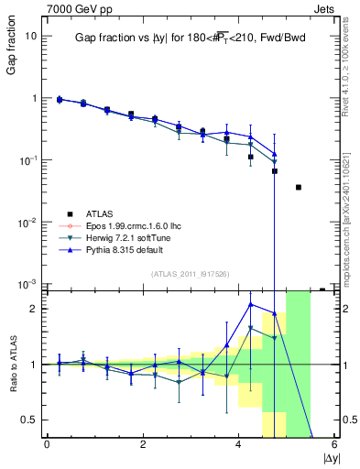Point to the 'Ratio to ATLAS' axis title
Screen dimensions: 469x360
coord(12,365)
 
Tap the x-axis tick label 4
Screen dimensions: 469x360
coord(239,444)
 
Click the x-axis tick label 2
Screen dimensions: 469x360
coord(143,444)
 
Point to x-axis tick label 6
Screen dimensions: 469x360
coord(334,444)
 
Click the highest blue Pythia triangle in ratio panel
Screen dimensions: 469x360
coord(251,304)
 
